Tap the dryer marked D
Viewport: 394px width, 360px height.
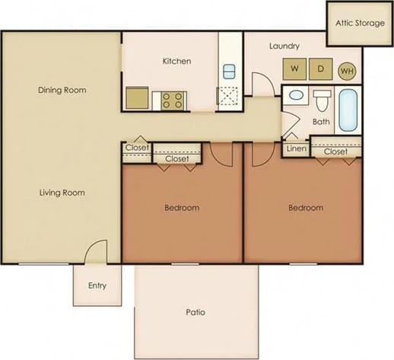point(320,69)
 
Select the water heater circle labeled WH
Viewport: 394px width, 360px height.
point(347,71)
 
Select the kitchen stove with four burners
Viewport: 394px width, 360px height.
point(172,100)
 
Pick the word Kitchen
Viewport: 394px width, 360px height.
point(176,61)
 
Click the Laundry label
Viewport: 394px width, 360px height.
point(284,46)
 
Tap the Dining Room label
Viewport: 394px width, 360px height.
point(62,90)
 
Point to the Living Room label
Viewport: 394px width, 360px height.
point(62,193)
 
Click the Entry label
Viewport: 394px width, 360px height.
point(97,286)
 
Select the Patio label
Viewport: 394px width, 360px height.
point(196,312)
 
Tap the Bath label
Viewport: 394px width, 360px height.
point(321,121)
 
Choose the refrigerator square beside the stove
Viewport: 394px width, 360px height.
point(138,99)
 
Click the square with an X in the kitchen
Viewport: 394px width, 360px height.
point(229,97)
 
